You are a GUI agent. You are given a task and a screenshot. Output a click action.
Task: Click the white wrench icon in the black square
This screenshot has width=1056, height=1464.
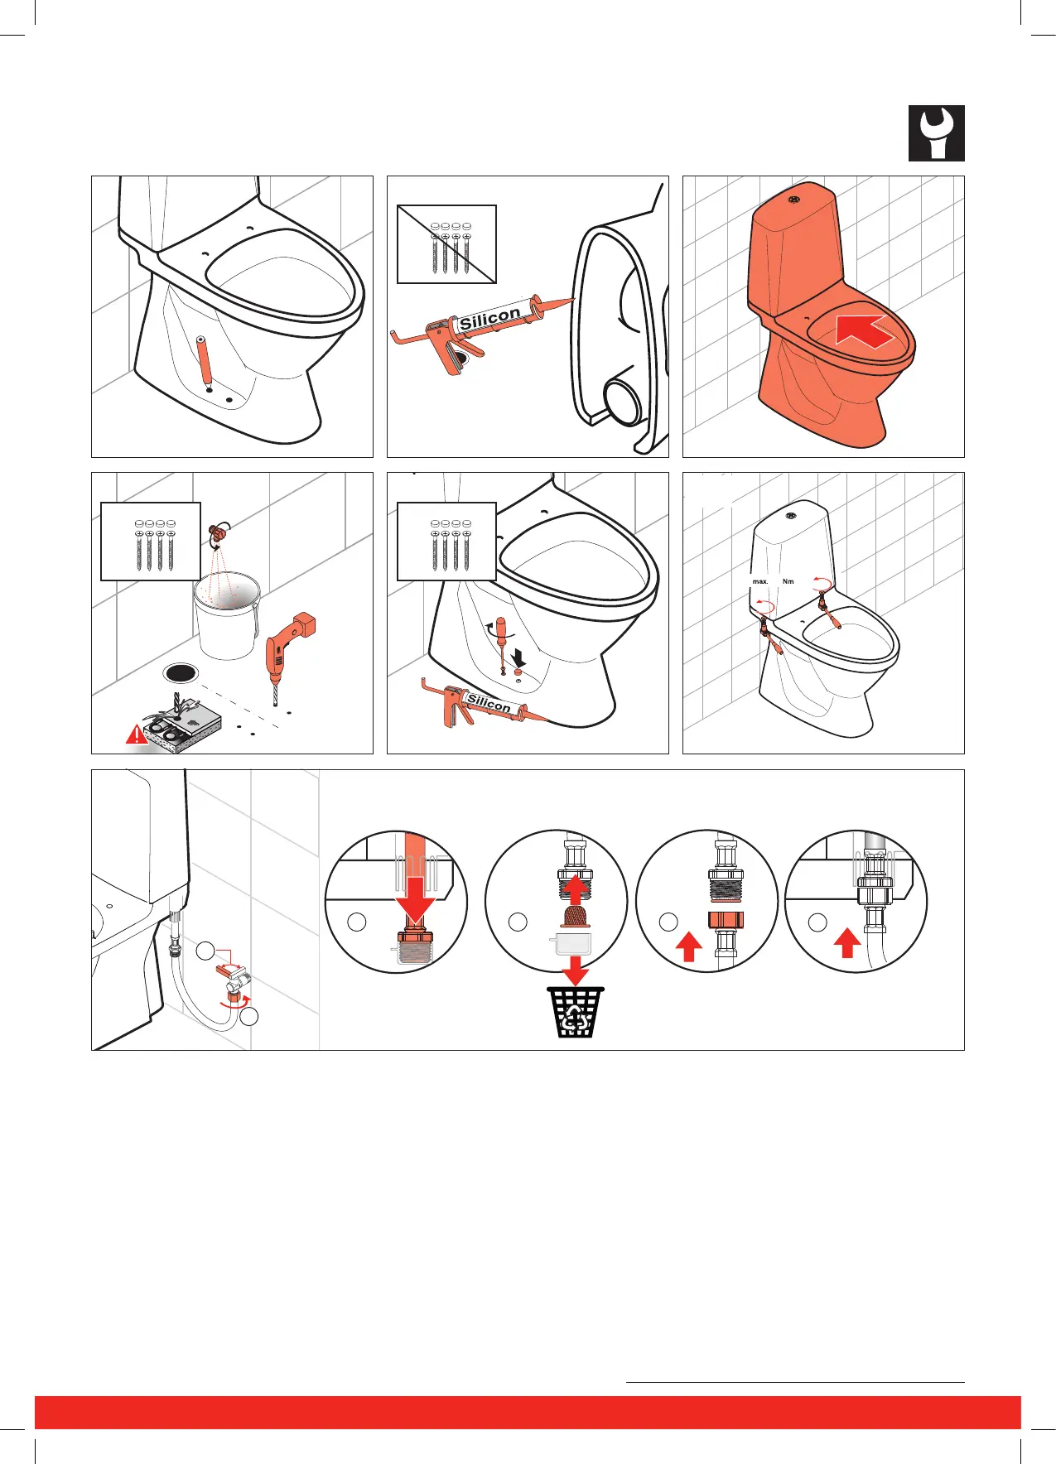click(x=937, y=132)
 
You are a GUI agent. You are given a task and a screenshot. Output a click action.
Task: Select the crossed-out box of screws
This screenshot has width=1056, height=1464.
click(x=447, y=244)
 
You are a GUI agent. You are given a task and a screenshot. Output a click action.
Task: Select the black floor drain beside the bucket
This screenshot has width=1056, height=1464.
click(x=181, y=672)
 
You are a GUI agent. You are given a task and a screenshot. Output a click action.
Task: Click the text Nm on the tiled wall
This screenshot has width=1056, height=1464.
click(x=788, y=581)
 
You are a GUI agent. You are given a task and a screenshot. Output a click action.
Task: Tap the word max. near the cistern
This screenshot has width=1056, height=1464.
click(x=760, y=581)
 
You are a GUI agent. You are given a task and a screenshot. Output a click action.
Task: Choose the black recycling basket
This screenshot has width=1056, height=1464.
click(x=575, y=1012)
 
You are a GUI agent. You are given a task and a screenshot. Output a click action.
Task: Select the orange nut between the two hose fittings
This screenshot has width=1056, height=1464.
click(x=726, y=919)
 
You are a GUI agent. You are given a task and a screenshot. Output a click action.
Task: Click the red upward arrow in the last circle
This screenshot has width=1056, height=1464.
click(x=846, y=943)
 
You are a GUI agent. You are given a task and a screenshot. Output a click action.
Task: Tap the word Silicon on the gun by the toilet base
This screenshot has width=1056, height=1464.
click(x=489, y=703)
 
